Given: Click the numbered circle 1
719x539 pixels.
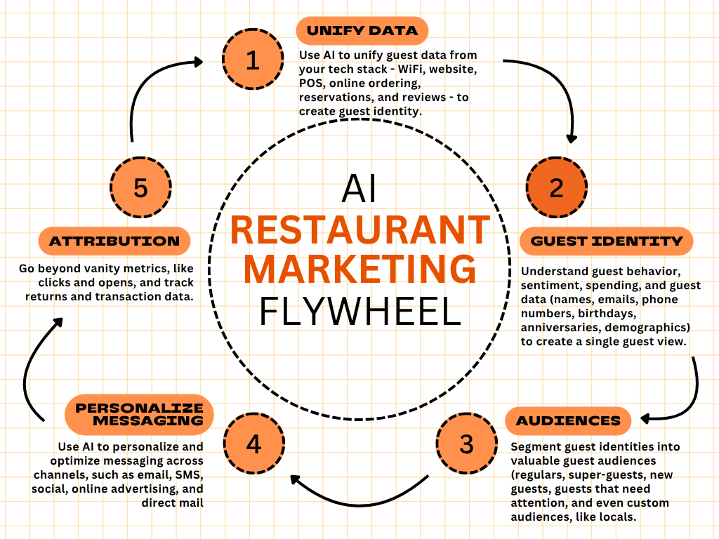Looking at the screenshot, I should tap(253, 60).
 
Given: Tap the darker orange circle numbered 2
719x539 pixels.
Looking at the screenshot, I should tap(557, 187).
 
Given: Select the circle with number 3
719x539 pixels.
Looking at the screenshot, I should tap(466, 444).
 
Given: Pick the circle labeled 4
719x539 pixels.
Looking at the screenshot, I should tap(254, 444).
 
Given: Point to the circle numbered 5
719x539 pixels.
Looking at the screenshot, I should tap(141, 187).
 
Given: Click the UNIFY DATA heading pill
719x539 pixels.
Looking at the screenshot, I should tap(362, 30).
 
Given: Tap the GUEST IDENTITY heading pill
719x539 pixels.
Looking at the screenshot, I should tap(607, 241).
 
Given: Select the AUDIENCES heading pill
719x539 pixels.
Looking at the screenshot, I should tap(568, 421).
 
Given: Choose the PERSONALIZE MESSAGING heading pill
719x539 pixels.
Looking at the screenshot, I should tap(139, 414).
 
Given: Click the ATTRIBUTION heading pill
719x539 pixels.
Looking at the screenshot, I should tap(114, 241).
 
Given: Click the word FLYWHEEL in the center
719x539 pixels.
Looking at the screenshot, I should tap(359, 312).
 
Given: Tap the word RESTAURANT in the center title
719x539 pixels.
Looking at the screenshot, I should tap(359, 230).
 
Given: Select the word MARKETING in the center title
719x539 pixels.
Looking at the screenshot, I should tap(359, 271).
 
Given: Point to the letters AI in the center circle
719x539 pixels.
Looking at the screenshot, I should tap(359, 189).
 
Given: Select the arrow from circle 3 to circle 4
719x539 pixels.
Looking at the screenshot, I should tap(358, 500).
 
